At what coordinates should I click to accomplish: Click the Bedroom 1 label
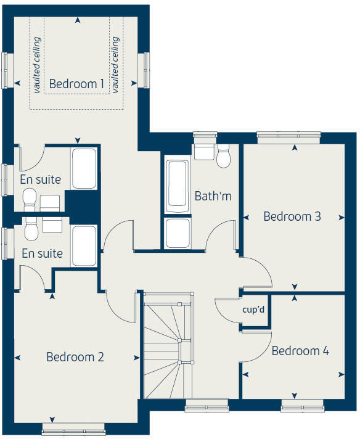point(76,83)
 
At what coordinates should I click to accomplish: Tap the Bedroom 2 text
point(75,356)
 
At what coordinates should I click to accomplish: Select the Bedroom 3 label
point(292,216)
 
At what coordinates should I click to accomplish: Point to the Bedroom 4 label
point(300,351)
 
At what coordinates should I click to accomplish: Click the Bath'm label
point(213,196)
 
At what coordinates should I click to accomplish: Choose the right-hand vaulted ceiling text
point(115,65)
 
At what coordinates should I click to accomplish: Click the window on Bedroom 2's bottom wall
point(73,429)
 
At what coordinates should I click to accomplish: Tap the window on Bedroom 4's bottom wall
point(302,405)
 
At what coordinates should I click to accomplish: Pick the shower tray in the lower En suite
point(84,246)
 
